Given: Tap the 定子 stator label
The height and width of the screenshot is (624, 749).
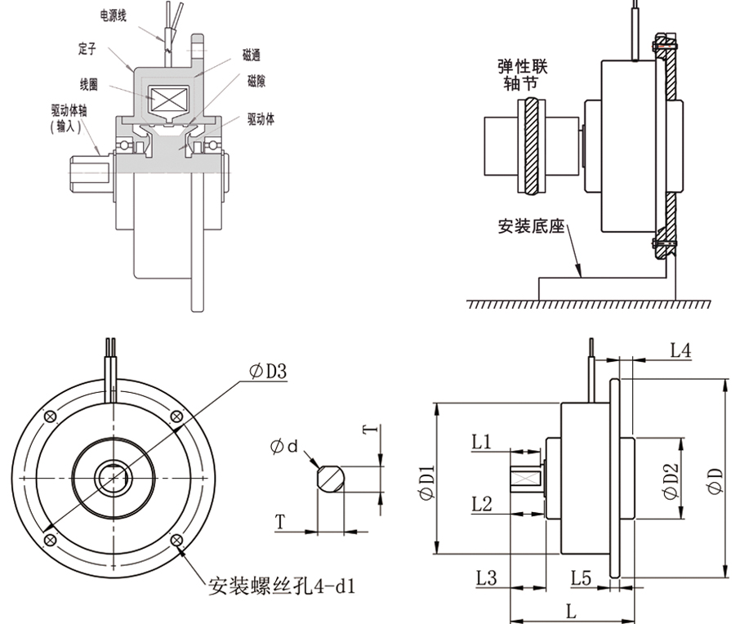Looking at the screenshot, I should click(x=87, y=51).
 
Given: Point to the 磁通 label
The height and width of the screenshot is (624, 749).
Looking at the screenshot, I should click(x=252, y=56).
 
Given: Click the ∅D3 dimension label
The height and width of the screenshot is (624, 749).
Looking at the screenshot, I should click(x=267, y=372).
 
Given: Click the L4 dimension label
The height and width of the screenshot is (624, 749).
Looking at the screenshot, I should click(x=680, y=351).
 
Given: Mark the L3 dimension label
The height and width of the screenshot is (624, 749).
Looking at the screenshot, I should click(x=486, y=577).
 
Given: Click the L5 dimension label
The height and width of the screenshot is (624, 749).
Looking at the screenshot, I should click(x=581, y=577).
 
